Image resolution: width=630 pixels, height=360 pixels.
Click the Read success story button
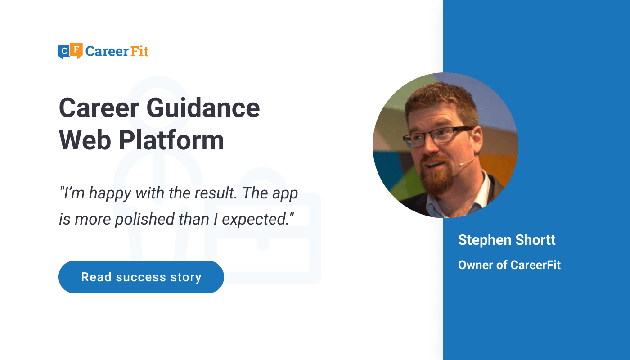pyautogui.click(x=141, y=277)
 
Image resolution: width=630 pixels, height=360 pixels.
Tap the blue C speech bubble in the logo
pyautogui.click(x=64, y=52)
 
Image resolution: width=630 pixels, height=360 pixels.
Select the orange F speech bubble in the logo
pyautogui.click(x=76, y=50)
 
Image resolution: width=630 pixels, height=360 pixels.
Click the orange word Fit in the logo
pyautogui.click(x=139, y=51)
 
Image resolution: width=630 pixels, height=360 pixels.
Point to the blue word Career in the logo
pyautogui.click(x=107, y=52)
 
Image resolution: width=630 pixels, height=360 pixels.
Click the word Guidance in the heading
pyautogui.click(x=203, y=108)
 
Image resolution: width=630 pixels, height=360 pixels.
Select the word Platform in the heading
pyautogui.click(x=171, y=140)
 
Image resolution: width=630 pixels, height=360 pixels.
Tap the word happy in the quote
pyautogui.click(x=110, y=194)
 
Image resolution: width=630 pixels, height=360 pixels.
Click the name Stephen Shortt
pyautogui.click(x=507, y=240)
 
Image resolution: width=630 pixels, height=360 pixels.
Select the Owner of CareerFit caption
pyautogui.click(x=509, y=265)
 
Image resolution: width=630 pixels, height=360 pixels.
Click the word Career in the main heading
pyautogui.click(x=99, y=108)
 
